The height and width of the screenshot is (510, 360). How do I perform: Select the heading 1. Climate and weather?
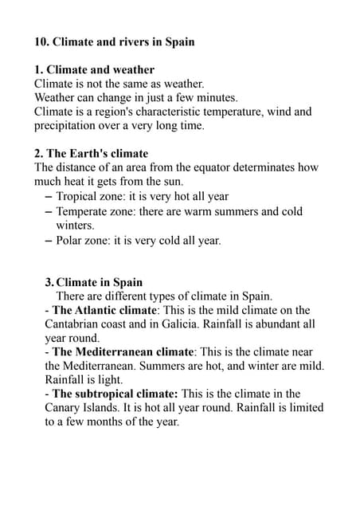[x=95, y=69]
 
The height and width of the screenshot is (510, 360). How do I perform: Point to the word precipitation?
[x=68, y=125]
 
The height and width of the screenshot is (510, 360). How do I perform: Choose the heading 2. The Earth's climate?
[x=92, y=153]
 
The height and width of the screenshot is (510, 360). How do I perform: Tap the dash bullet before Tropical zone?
[x=49, y=196]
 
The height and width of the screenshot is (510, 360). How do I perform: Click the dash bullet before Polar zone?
[x=49, y=240]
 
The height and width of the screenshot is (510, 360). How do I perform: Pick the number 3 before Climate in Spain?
[x=49, y=282]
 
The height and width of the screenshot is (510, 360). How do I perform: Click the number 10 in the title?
[x=42, y=41]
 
